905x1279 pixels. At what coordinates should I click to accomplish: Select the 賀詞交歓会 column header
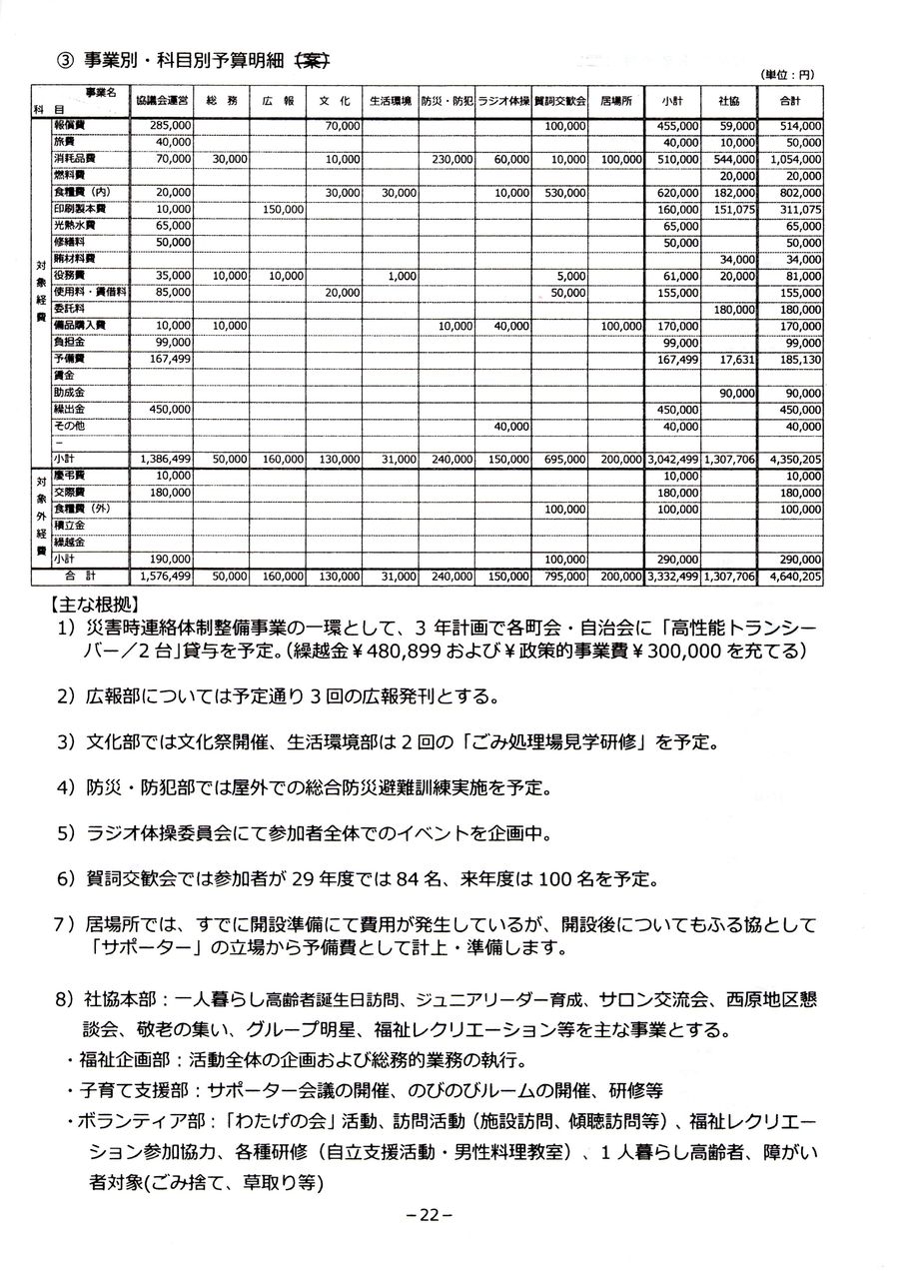559,100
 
